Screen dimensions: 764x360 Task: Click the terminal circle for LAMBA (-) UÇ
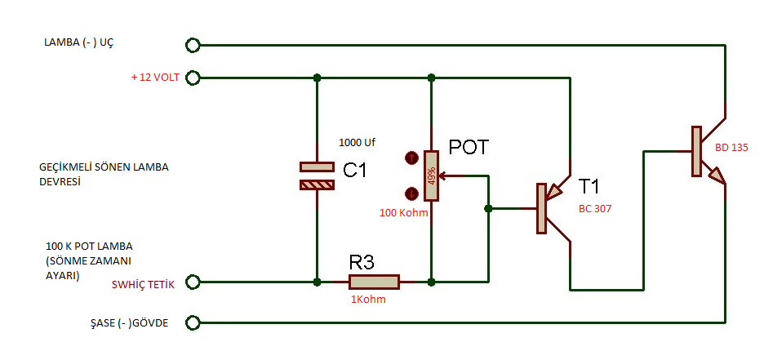[x=193, y=45]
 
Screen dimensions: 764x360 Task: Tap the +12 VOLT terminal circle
[x=193, y=78]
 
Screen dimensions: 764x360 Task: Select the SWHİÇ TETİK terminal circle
[x=193, y=282]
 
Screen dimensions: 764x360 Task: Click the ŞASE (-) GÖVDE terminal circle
[x=193, y=322]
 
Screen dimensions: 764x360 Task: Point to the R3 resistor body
[x=374, y=282]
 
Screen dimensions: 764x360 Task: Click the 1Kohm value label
[x=368, y=300]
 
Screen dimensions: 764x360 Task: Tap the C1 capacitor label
[x=355, y=170]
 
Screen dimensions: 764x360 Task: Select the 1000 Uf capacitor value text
[x=358, y=143]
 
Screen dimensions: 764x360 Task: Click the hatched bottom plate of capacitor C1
[x=318, y=185]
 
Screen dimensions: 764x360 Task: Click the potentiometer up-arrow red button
[x=411, y=158]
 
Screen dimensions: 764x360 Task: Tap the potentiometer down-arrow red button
[x=411, y=193]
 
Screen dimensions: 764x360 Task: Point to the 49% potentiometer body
[x=431, y=176]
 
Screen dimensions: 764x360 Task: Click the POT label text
[x=468, y=147]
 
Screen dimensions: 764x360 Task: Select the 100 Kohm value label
[x=403, y=213]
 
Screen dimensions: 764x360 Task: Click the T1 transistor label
[x=589, y=186]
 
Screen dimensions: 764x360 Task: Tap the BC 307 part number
[x=594, y=208]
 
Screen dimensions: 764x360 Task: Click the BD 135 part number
[x=731, y=148]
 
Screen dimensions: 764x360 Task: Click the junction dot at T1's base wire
[x=488, y=208]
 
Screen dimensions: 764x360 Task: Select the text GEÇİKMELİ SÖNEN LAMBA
[x=104, y=167]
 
